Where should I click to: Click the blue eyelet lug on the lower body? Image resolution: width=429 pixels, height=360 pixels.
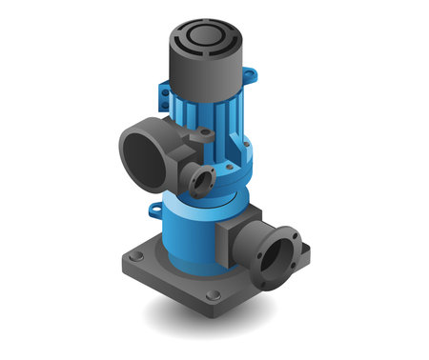[152, 205]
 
